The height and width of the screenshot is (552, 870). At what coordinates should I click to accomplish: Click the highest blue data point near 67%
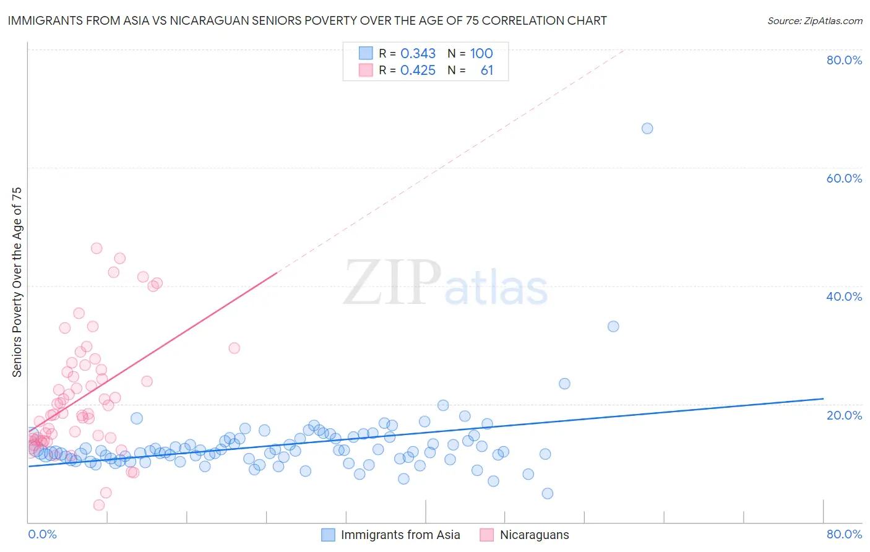(x=647, y=129)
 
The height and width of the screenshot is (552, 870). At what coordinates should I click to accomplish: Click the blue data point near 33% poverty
(x=613, y=326)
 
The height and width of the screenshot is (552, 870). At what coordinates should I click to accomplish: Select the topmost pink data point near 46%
(x=97, y=248)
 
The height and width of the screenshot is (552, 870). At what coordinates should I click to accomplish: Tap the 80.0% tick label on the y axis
(x=844, y=60)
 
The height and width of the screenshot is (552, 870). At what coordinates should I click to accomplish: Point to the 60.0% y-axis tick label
(x=844, y=178)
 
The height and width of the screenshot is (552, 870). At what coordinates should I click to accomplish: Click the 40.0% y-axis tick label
(x=844, y=296)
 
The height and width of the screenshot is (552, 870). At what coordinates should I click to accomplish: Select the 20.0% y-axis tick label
(x=844, y=415)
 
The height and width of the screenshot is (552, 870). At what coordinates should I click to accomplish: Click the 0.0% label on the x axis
(x=42, y=534)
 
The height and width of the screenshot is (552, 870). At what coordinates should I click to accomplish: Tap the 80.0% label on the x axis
(x=844, y=534)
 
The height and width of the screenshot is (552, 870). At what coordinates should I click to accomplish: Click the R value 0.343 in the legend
(x=418, y=53)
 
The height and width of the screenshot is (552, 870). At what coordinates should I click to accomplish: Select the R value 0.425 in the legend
(x=418, y=71)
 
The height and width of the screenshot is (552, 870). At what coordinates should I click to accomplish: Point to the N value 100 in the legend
(x=481, y=53)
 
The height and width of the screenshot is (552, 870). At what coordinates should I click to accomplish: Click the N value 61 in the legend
(x=487, y=71)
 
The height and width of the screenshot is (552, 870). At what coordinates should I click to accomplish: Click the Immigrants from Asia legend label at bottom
(x=400, y=535)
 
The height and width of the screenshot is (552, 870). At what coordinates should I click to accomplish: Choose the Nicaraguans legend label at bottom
(x=534, y=535)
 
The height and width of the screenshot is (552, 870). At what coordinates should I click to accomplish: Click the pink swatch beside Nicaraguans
(x=487, y=535)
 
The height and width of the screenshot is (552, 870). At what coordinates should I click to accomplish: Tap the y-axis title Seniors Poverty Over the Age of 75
(x=17, y=282)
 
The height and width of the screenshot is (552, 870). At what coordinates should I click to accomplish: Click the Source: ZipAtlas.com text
(x=814, y=21)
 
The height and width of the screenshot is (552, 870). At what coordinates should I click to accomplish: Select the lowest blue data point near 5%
(x=548, y=493)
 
